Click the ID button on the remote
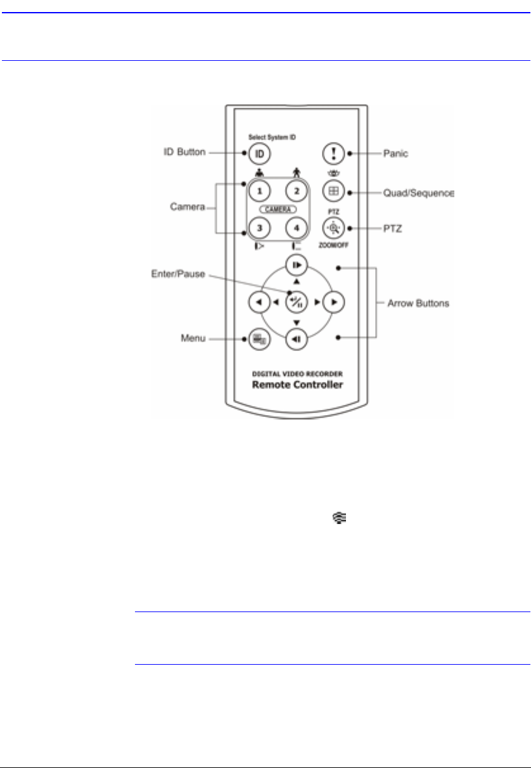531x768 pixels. (259, 153)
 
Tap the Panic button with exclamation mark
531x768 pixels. (332, 153)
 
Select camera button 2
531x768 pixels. (296, 190)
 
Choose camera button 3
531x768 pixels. (259, 227)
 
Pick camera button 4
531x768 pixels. (296, 227)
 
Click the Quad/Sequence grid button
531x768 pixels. (332, 190)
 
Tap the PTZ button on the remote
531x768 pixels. (332, 227)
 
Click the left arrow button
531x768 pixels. (258, 302)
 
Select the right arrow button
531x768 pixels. (332, 302)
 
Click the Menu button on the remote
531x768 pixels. (259, 340)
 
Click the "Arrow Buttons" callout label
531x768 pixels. (418, 303)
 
